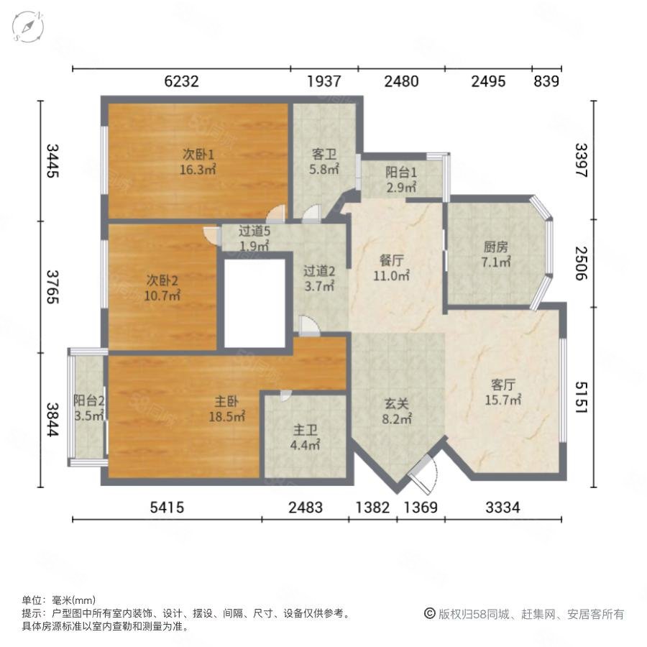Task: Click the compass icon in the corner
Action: click(x=27, y=27)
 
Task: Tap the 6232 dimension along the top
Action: click(x=181, y=81)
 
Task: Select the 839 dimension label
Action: click(x=546, y=81)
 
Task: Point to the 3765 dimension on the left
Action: click(x=52, y=287)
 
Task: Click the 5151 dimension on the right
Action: click(x=582, y=397)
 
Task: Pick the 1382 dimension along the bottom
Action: click(x=372, y=507)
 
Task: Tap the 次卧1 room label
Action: click(x=198, y=155)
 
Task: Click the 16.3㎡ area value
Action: click(x=198, y=170)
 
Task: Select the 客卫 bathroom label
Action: click(x=324, y=155)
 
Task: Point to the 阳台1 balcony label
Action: click(x=401, y=172)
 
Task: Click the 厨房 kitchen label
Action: click(x=495, y=247)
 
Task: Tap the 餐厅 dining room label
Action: click(x=391, y=260)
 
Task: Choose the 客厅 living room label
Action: click(x=503, y=385)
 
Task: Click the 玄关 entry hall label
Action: click(x=397, y=403)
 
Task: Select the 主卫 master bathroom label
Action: click(x=306, y=431)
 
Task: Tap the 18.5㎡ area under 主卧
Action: click(x=227, y=416)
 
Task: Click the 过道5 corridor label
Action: click(x=254, y=231)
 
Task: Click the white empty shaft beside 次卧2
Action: click(x=254, y=303)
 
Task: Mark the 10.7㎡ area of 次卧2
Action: click(x=162, y=295)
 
